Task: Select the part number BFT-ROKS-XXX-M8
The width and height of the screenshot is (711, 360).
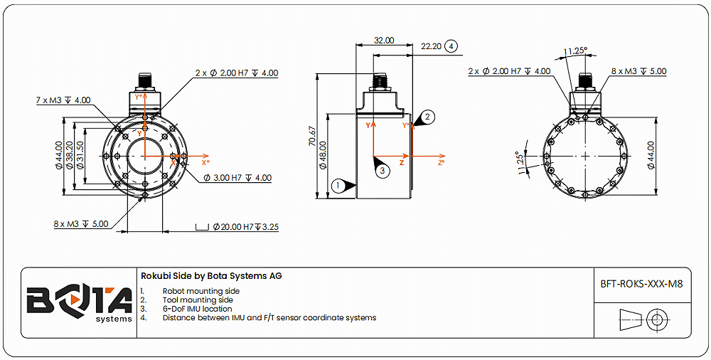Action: (x=641, y=284)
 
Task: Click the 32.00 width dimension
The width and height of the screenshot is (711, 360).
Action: (x=383, y=41)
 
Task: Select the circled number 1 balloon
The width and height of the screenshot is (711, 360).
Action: (x=339, y=185)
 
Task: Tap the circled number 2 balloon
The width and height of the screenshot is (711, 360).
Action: (x=427, y=116)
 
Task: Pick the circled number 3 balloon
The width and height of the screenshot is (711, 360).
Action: (x=382, y=171)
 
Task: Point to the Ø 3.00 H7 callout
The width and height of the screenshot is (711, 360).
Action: (x=237, y=178)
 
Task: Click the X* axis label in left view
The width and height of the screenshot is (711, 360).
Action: (x=205, y=162)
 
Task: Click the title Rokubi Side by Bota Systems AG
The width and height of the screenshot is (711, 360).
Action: (x=211, y=276)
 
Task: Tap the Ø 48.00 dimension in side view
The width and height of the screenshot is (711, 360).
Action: (x=322, y=154)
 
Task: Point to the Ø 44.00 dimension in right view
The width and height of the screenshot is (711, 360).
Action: (x=651, y=154)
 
